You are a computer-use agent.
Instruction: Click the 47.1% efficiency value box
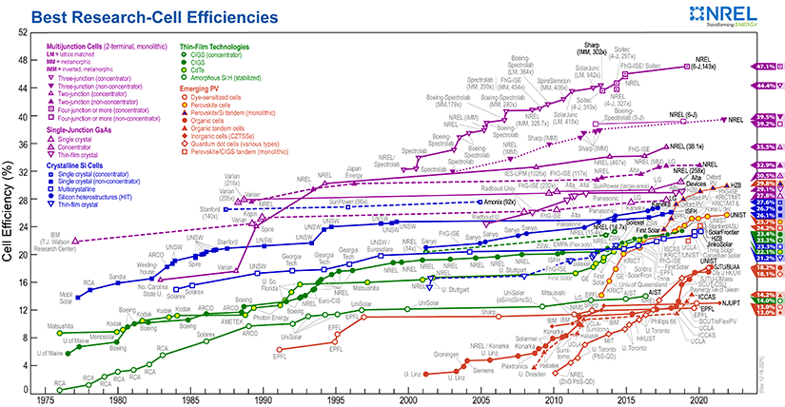coord(767,67)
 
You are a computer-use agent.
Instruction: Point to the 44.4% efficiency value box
coord(767,85)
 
